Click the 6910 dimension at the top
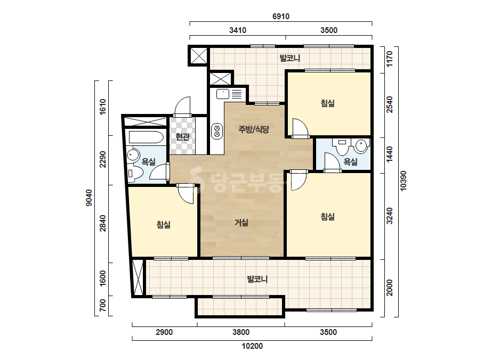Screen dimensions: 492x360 [281, 17]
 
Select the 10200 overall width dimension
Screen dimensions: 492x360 [252, 346]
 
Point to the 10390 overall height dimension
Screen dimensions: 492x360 [404, 181]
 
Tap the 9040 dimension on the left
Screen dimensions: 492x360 [89, 198]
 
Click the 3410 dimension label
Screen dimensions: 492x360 [238, 30]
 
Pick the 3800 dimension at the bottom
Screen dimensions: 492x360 [241, 332]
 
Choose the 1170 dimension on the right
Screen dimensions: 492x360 [390, 59]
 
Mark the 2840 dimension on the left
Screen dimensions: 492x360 [102, 223]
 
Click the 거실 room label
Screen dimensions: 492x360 [241, 223]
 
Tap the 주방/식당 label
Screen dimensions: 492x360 [254, 129]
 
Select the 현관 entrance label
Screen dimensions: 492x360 [182, 137]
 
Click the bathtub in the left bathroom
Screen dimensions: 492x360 [144, 137]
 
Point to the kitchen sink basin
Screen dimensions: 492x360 [223, 93]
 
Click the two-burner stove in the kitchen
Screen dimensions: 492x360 [217, 132]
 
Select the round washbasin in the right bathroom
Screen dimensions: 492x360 [361, 146]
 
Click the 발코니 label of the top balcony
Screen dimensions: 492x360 [290, 58]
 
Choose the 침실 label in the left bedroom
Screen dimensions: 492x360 [164, 225]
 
